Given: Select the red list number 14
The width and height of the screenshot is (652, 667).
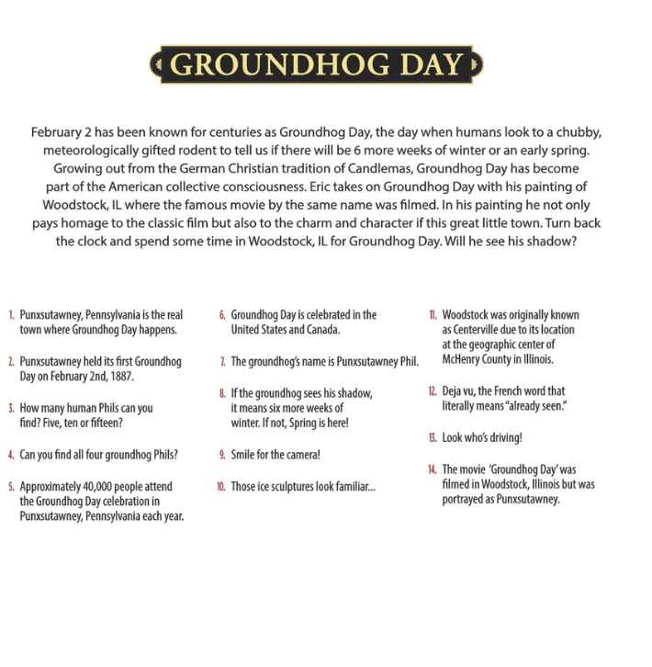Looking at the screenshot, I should [432, 469].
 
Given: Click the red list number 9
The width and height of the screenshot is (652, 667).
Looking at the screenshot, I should [222, 455].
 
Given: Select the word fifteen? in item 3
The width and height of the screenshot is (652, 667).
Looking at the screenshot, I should [104, 424].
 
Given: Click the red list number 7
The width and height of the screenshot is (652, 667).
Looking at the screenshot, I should [222, 361].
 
